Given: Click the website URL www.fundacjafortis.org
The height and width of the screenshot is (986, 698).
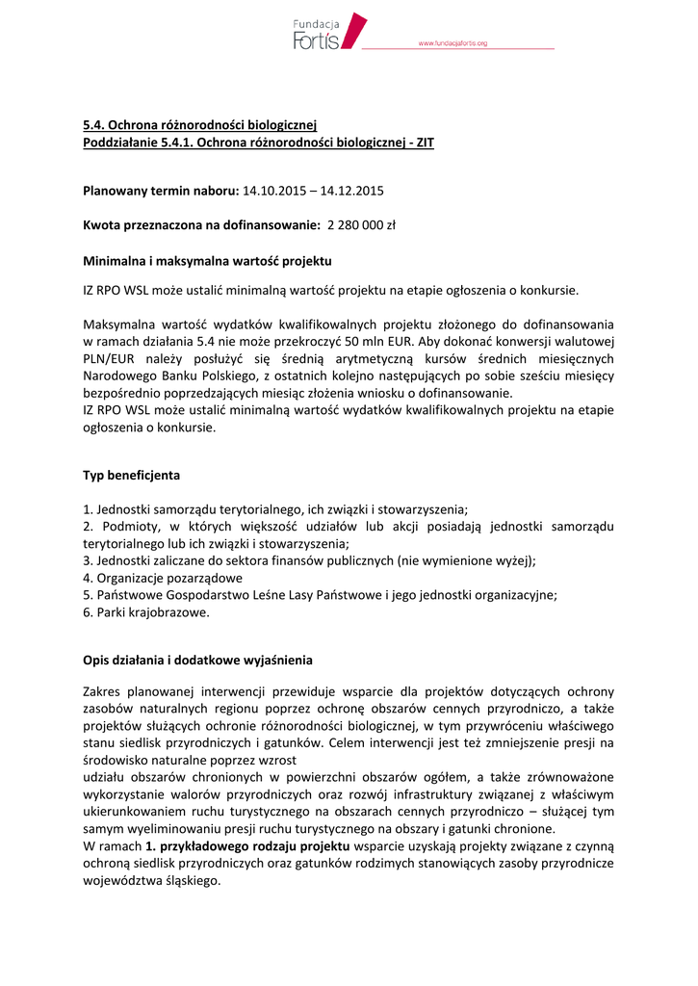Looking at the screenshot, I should pos(452,43).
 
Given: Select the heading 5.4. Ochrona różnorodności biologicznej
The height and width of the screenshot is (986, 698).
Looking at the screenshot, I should pos(199,126).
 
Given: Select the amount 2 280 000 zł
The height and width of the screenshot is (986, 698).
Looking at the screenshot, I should pos(362,225).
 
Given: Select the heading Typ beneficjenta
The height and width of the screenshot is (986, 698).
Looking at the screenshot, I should pos(131,475).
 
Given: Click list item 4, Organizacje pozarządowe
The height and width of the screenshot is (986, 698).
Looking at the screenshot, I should pos(163,578).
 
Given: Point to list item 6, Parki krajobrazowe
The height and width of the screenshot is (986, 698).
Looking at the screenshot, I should pos(146,611).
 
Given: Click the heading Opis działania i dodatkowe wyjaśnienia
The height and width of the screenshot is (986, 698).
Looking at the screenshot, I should pos(197,661).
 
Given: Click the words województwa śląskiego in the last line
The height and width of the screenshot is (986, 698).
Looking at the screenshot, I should pos(151,881).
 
